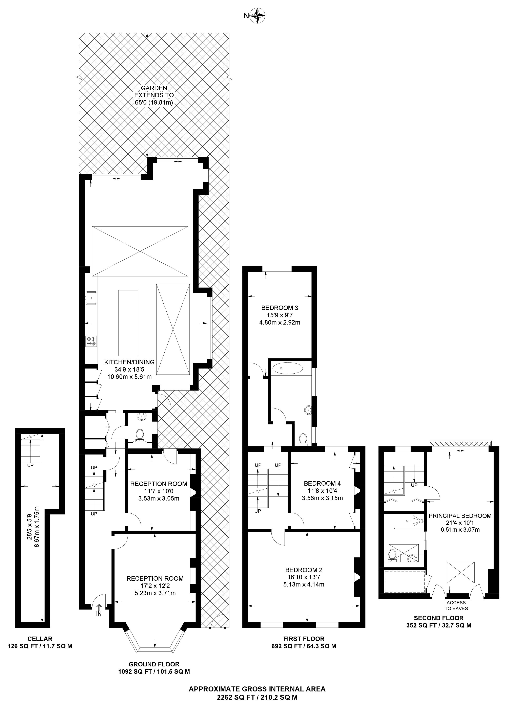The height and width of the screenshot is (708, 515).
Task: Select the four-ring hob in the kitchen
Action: click(x=91, y=341)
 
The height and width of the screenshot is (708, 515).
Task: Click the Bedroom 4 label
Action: click(x=322, y=484)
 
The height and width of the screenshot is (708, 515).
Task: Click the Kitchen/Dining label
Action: click(x=129, y=362)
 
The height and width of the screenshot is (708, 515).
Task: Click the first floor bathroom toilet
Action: click(x=303, y=439)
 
